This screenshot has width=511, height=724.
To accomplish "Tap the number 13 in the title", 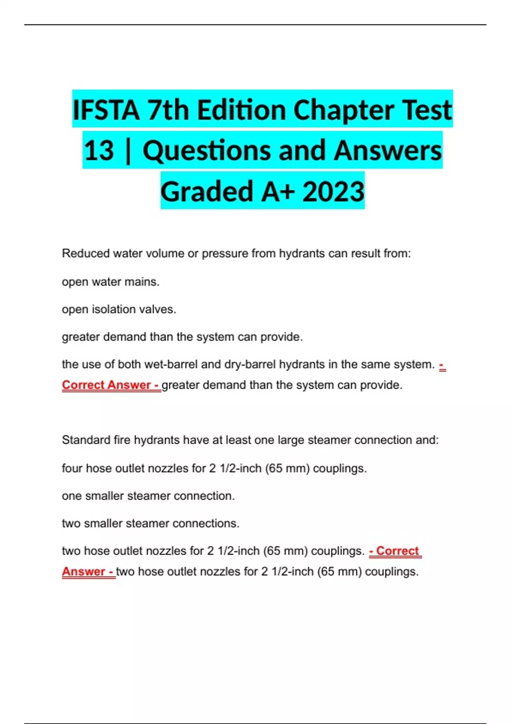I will [x=99, y=150].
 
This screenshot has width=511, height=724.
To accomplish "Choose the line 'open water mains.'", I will [x=111, y=282].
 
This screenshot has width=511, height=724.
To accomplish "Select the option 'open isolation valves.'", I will [x=119, y=309].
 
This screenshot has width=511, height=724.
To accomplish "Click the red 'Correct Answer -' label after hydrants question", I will [x=111, y=385].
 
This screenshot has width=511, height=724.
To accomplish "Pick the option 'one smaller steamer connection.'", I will [x=148, y=496].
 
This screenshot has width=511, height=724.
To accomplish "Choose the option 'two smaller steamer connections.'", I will [x=151, y=523].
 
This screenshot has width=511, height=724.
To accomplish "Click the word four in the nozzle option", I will [x=72, y=468].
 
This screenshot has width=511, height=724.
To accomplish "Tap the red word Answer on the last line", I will [x=83, y=572].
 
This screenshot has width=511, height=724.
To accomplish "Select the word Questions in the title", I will [x=207, y=150].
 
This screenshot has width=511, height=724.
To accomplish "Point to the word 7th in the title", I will [x=168, y=110].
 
